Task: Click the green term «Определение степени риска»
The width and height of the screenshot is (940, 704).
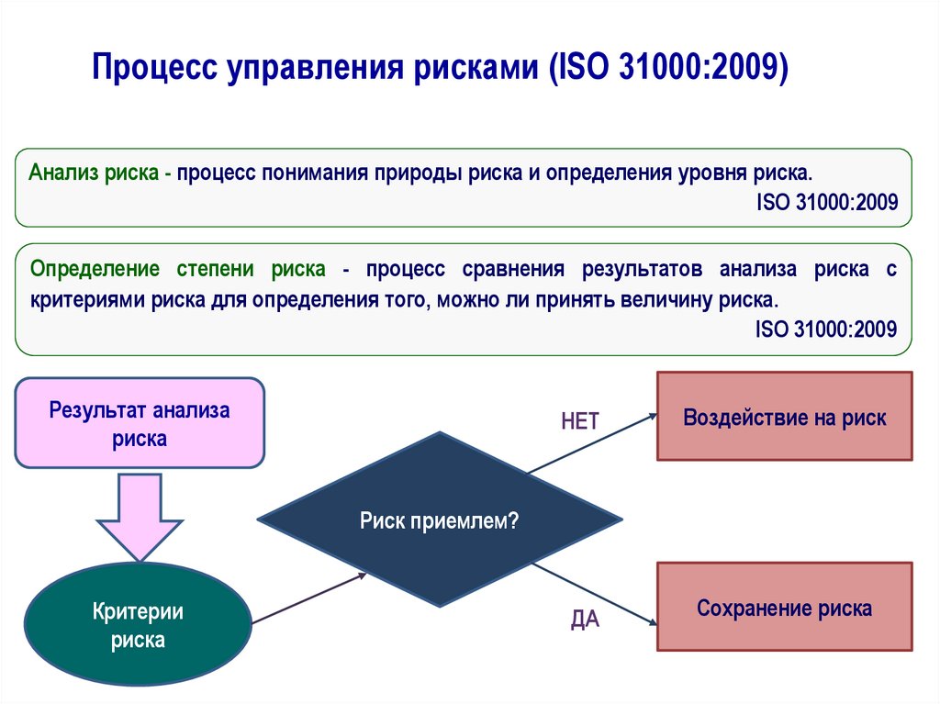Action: tap(177, 270)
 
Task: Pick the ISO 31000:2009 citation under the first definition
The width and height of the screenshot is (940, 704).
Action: tap(826, 202)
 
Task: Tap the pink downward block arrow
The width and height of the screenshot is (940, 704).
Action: tap(140, 514)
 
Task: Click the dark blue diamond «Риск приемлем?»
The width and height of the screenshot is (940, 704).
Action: tap(440, 520)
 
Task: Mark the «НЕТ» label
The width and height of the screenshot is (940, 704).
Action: tap(580, 421)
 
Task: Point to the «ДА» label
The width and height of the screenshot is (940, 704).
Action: tap(585, 620)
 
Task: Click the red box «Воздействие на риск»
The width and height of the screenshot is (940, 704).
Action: tap(784, 418)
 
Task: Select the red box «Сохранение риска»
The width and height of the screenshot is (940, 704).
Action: tap(784, 608)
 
